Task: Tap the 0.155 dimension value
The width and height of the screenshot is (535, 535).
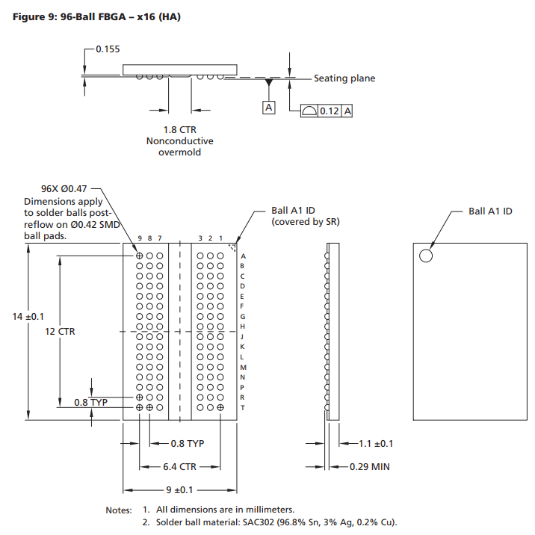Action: (x=108, y=49)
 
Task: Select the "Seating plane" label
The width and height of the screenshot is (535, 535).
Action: (x=344, y=78)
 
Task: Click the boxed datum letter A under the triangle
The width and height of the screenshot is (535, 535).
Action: (x=268, y=108)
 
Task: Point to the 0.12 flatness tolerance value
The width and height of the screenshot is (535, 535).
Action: (x=330, y=111)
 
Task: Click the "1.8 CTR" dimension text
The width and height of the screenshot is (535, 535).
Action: (x=179, y=129)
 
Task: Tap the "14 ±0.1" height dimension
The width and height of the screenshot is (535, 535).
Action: (x=28, y=317)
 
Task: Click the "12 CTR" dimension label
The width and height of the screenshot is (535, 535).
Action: (x=60, y=331)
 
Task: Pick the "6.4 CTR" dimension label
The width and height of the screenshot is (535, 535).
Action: (x=179, y=466)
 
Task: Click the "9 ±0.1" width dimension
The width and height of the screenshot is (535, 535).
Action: (x=179, y=490)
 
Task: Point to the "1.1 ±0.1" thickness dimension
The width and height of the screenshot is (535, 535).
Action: (x=376, y=444)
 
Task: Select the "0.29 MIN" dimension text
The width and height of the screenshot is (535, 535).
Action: (x=370, y=467)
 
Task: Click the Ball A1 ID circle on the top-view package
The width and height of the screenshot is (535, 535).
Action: (x=426, y=256)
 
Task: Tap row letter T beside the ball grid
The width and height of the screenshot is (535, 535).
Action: (x=243, y=408)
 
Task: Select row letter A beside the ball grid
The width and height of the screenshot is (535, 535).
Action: (x=243, y=256)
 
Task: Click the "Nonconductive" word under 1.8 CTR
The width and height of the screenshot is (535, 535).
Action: (x=180, y=140)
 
